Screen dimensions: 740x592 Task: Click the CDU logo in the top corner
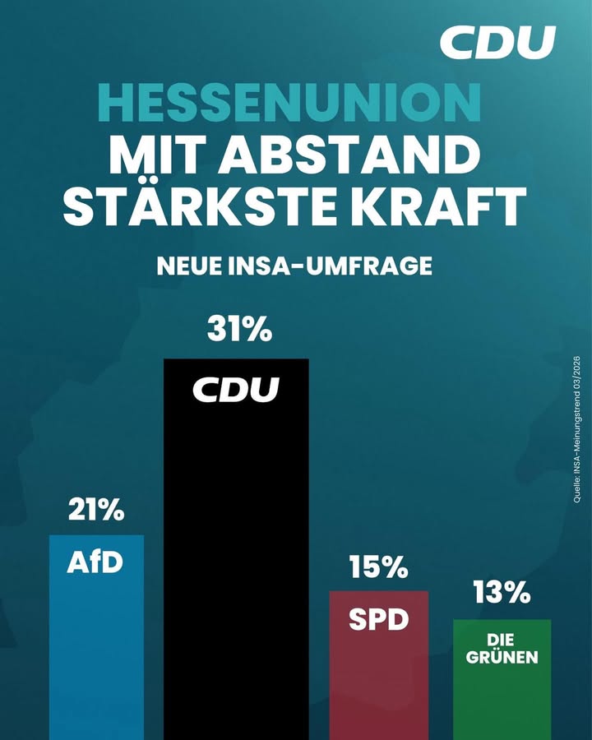coord(497,42)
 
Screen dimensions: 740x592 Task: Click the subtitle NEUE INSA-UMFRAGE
coord(294,266)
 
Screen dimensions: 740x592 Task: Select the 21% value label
coord(95,511)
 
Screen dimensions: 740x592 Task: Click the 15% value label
coord(378,567)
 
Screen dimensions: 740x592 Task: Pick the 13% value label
coord(502,593)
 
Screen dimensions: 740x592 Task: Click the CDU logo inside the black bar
coord(236,389)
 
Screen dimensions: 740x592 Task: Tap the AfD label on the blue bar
coord(95,564)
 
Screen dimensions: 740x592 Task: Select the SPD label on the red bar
coord(378,619)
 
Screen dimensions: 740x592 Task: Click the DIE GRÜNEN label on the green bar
coord(502,650)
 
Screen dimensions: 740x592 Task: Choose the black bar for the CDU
coord(236,559)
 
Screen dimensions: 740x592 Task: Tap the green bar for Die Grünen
coord(502,699)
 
